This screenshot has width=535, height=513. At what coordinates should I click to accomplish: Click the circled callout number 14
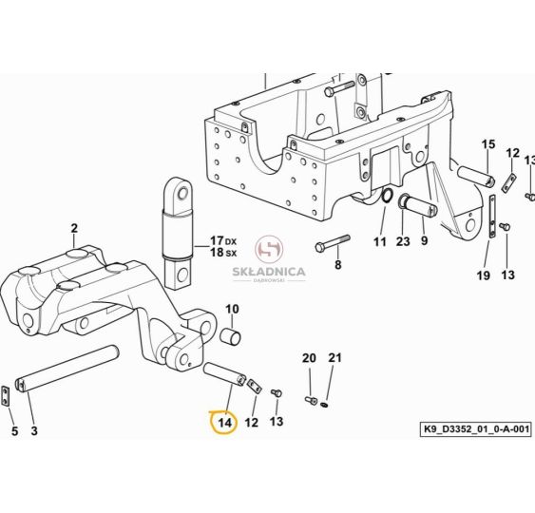(225, 423)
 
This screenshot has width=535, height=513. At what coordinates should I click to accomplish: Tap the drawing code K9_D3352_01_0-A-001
(476, 428)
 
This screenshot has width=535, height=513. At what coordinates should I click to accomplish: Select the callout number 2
(74, 228)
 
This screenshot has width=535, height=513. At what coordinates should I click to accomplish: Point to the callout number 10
(233, 310)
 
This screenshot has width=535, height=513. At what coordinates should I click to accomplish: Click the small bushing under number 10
(230, 335)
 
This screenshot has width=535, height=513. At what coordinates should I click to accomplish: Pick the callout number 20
(309, 358)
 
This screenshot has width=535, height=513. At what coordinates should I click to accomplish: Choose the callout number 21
(334, 358)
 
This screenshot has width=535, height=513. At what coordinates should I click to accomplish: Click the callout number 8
(337, 264)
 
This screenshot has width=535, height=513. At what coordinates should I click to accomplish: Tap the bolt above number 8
(333, 242)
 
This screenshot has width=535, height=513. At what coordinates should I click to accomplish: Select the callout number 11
(380, 242)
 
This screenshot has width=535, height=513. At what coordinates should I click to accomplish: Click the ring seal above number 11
(387, 196)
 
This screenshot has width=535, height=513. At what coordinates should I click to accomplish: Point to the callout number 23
(403, 241)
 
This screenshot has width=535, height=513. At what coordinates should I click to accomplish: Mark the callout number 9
(424, 240)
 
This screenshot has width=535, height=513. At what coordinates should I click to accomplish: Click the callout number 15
(488, 144)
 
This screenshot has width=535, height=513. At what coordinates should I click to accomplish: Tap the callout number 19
(483, 275)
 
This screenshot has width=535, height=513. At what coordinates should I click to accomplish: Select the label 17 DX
(223, 240)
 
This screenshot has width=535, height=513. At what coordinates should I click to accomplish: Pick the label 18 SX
(223, 253)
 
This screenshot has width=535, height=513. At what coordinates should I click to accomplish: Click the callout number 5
(14, 431)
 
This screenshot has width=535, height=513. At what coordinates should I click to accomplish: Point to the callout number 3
(34, 430)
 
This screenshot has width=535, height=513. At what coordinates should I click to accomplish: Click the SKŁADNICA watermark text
(269, 272)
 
